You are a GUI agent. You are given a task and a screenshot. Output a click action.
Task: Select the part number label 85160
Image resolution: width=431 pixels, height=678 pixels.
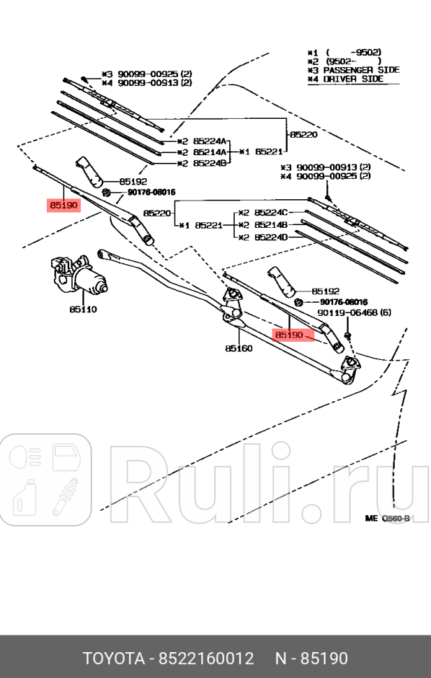tap(238, 348)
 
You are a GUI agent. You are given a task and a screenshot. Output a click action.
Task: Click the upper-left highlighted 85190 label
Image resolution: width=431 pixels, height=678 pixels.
tap(64, 205)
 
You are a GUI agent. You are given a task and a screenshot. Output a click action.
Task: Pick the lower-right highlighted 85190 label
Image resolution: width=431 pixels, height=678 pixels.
tap(289, 335)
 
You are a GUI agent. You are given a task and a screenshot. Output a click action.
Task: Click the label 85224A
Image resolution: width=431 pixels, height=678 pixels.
tap(209, 140)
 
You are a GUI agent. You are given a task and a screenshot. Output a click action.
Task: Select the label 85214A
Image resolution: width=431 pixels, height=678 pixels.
tap(209, 152)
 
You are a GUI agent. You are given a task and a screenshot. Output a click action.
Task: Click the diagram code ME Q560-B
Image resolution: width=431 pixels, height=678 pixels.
tap(387, 519)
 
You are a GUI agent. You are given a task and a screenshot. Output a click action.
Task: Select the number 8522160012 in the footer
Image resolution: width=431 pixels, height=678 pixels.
tap(206, 658)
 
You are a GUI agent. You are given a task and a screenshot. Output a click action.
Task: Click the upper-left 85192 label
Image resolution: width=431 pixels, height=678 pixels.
tap(133, 180)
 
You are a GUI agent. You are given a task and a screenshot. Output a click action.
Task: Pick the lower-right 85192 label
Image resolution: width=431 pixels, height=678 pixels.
tap(326, 291)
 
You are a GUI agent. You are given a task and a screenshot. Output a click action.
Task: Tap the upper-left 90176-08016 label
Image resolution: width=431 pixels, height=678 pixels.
tap(151, 192)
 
